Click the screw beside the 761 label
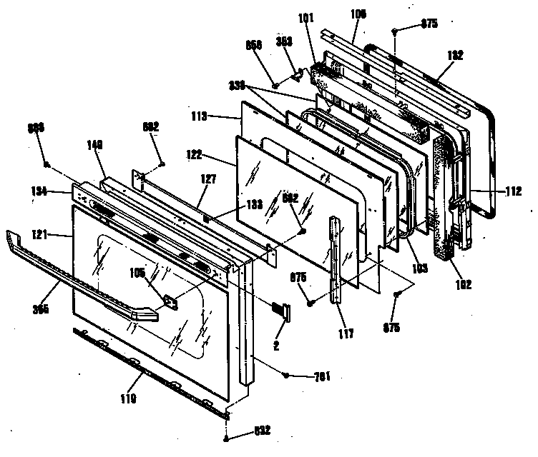click(x=286, y=374)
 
